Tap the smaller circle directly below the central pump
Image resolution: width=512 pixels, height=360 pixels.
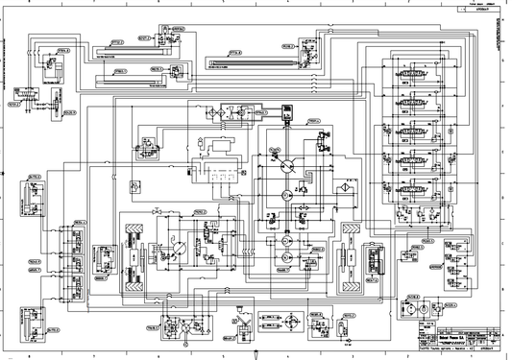283,195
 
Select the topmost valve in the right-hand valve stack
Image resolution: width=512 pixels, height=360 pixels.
419,74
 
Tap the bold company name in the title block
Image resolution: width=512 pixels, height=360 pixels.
451,338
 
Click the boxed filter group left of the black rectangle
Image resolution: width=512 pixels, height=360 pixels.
227,114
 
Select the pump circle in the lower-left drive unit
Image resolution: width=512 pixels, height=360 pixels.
173,251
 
